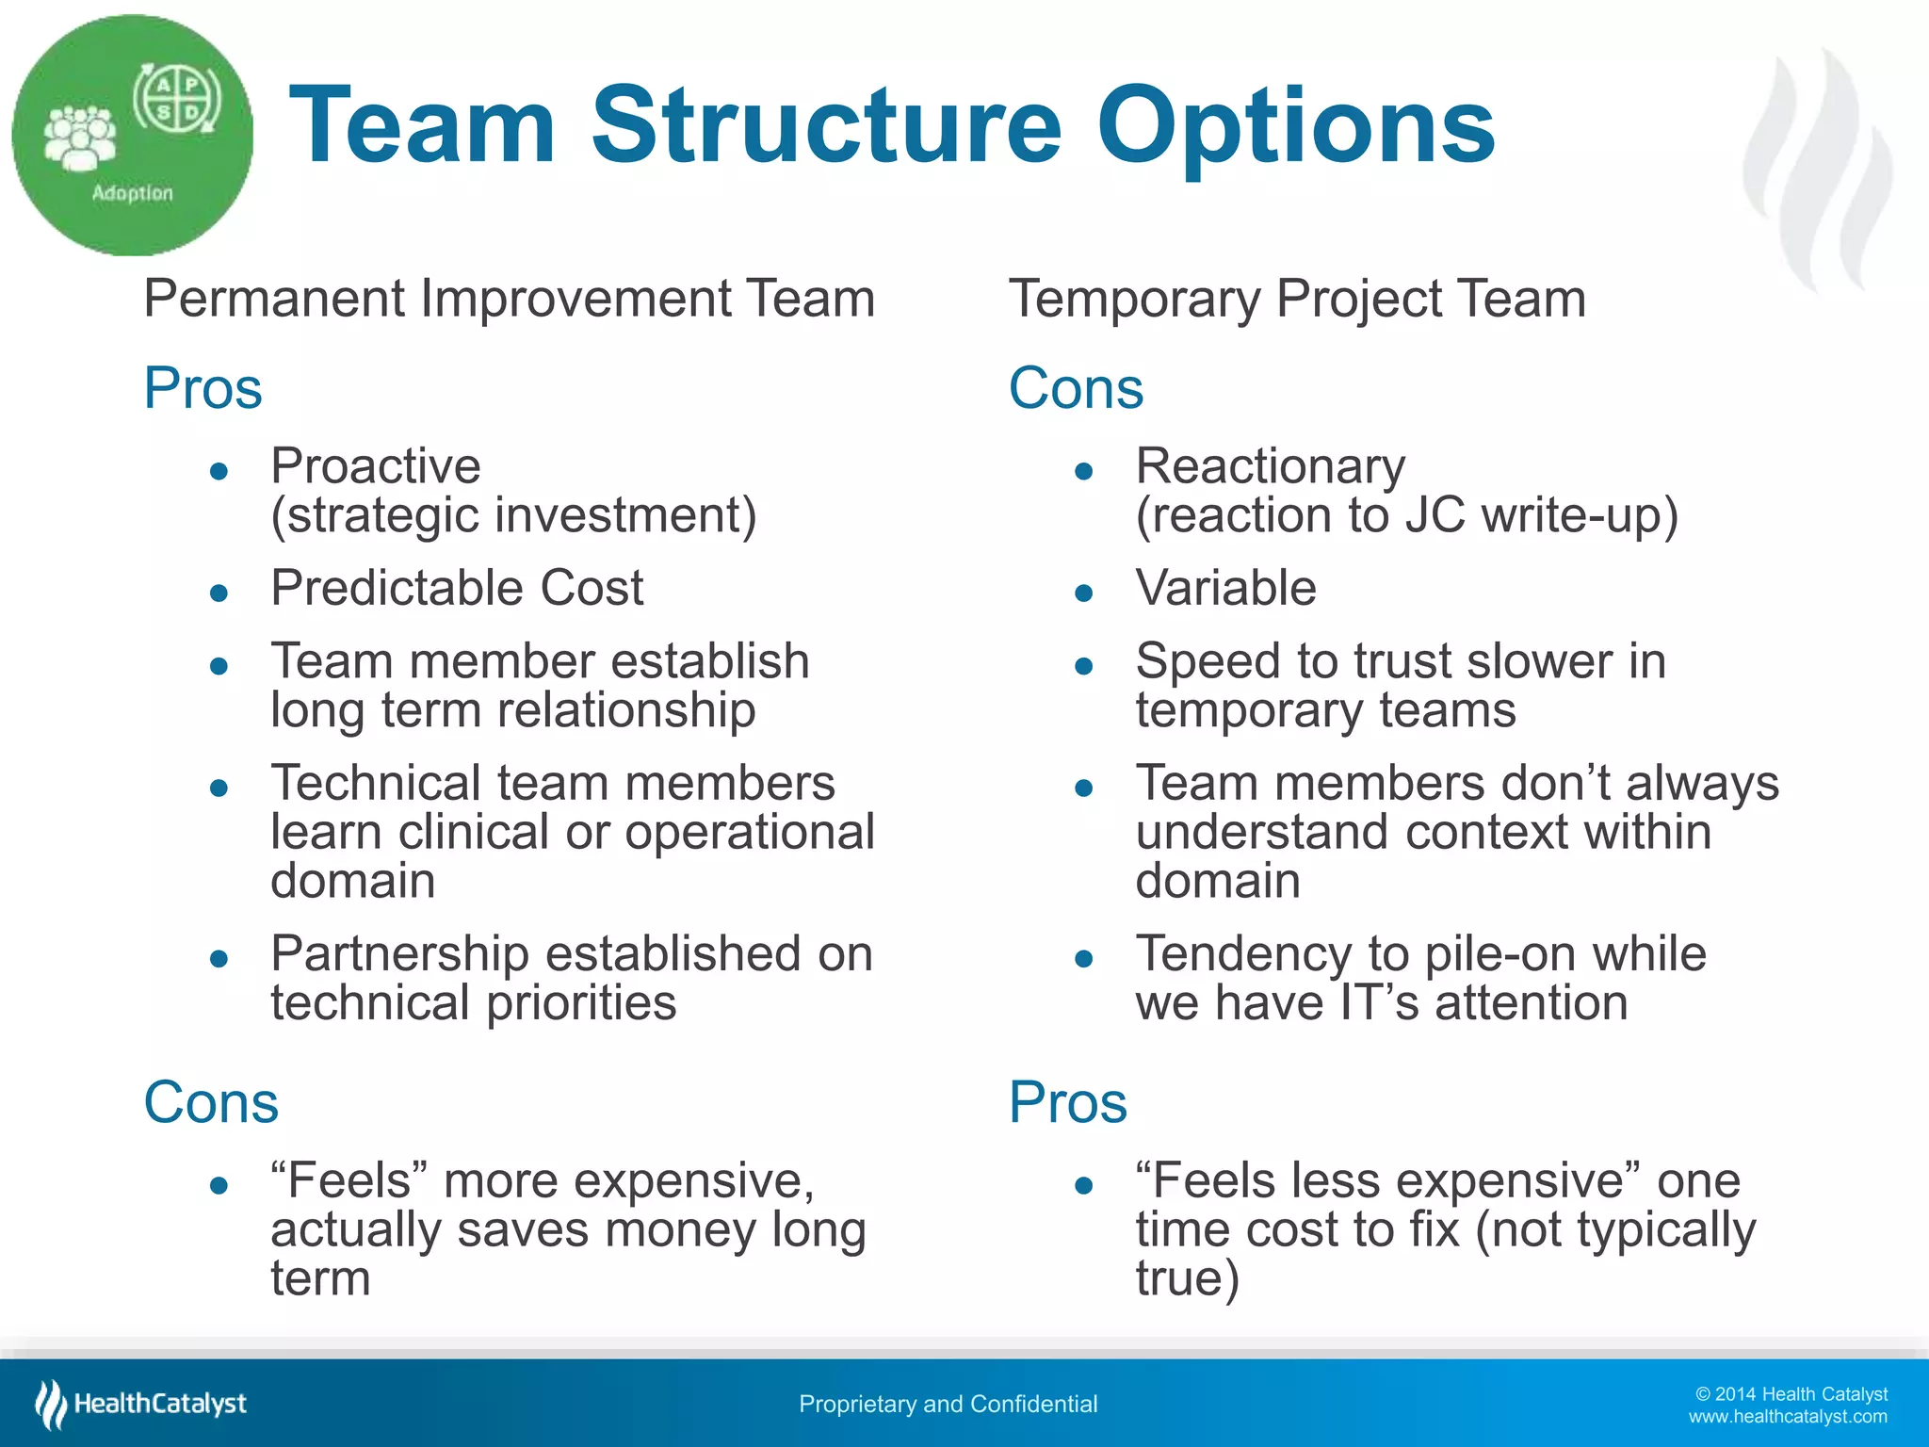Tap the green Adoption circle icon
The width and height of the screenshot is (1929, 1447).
click(132, 135)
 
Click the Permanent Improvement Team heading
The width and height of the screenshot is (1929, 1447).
click(510, 299)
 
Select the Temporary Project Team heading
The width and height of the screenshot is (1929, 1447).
click(1297, 299)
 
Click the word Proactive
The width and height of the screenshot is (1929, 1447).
click(375, 465)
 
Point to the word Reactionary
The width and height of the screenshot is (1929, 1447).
click(1270, 465)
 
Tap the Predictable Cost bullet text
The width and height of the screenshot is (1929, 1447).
click(457, 588)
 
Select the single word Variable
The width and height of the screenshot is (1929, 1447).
click(1225, 588)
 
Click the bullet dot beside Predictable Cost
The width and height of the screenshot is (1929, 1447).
click(219, 593)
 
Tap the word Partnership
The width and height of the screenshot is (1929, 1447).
click(399, 953)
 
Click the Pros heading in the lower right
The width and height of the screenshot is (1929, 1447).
click(1067, 1101)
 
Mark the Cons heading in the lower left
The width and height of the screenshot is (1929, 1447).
click(211, 1101)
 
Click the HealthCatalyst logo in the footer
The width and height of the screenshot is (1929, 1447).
click(141, 1404)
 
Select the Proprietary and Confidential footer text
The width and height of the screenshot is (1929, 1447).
click(948, 1404)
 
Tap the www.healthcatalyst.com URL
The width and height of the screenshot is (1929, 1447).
click(1787, 1417)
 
